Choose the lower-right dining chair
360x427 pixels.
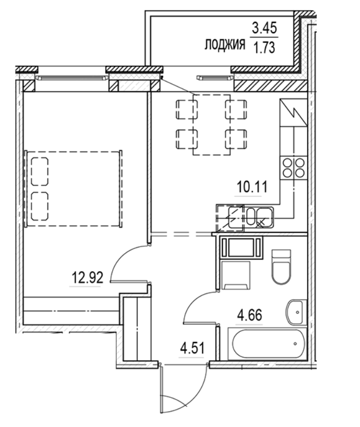pos(237,139)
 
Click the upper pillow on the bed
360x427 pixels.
pos(39,172)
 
